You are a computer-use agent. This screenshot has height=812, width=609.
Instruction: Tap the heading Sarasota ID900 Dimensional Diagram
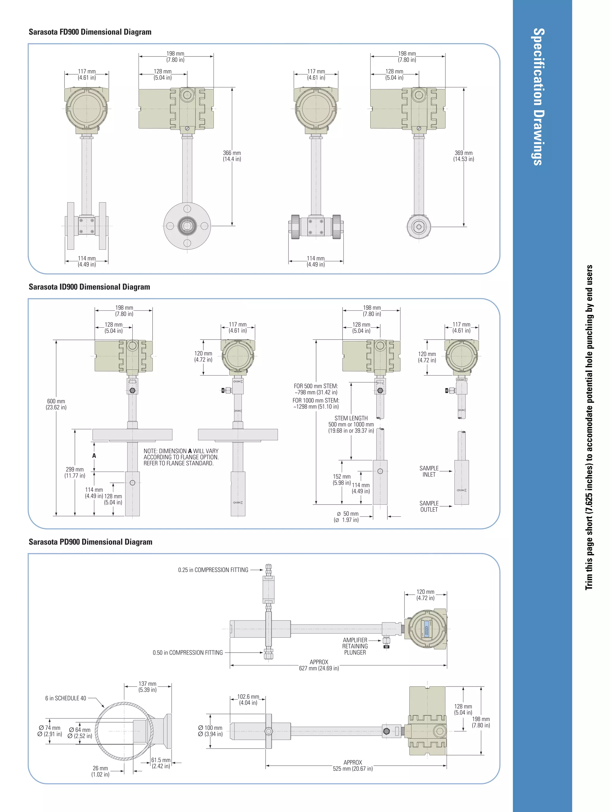pyautogui.click(x=89, y=287)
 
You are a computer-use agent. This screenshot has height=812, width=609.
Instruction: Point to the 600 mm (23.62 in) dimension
pyautogui.click(x=56, y=404)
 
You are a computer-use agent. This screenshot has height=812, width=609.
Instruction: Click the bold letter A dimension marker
pyautogui.click(x=94, y=456)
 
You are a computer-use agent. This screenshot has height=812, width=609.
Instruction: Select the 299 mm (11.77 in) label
pyautogui.click(x=75, y=472)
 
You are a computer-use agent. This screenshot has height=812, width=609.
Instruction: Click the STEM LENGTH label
pyautogui.click(x=351, y=418)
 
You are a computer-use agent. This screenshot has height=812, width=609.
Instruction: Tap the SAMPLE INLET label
pyautogui.click(x=429, y=471)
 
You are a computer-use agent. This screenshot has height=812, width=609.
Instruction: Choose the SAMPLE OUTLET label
pyautogui.click(x=429, y=506)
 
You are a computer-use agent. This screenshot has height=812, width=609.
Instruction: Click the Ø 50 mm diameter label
pyautogui.click(x=347, y=516)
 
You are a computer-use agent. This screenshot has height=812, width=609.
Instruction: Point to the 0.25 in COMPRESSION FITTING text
pyautogui.click(x=213, y=570)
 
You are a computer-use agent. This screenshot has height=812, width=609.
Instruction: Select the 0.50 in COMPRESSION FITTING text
pyautogui.click(x=188, y=652)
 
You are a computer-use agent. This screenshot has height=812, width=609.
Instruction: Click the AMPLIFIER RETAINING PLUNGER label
pyautogui.click(x=355, y=646)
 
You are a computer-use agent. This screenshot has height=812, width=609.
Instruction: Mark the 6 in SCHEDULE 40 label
pyautogui.click(x=65, y=698)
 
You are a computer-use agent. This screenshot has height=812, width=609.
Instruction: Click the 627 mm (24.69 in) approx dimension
pyautogui.click(x=319, y=665)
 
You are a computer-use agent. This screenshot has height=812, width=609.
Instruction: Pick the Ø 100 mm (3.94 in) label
pyautogui.click(x=210, y=731)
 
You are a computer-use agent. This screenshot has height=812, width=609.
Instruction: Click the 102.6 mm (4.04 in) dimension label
pyautogui.click(x=248, y=700)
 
